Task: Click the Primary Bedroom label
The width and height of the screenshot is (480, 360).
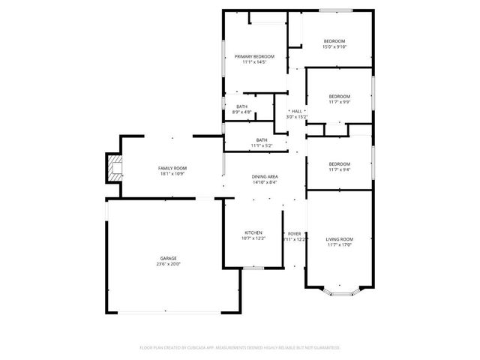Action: pos(254,56)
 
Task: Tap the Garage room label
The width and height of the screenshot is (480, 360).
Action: pos(168,258)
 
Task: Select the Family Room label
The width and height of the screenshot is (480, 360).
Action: pos(172,167)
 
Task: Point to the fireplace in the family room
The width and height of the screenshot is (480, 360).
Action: pos(113,169)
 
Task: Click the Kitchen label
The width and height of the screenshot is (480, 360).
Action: pos(253,233)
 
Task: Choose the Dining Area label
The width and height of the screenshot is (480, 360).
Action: pos(264,176)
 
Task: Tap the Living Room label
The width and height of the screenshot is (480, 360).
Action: pos(338,238)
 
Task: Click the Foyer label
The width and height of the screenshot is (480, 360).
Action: pos(295,233)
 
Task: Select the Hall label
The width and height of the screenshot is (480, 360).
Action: pos(297,111)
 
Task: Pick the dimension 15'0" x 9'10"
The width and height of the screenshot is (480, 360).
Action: pos(334,46)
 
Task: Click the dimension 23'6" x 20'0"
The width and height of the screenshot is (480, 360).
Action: pos(168,264)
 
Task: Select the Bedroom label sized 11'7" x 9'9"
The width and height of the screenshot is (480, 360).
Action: pos(339,96)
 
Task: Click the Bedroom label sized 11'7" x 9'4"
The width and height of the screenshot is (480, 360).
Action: pos(339,163)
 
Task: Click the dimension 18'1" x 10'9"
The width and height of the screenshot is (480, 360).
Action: pos(172,173)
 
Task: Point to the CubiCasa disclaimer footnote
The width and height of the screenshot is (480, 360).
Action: pos(240,347)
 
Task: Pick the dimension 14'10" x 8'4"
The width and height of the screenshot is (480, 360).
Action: pos(264,182)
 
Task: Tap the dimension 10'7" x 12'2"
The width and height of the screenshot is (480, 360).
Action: pos(253,239)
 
